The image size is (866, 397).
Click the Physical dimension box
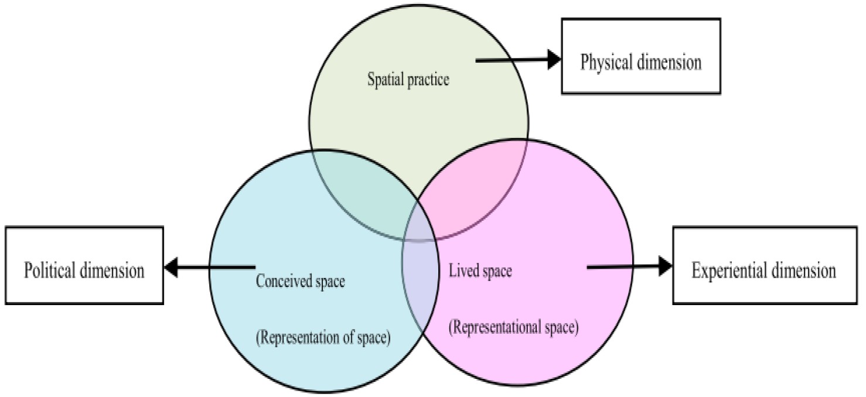tap(640, 56)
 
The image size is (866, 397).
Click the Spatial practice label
tap(408, 80)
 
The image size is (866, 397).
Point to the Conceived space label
tap(301, 282)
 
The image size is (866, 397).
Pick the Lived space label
tap(480, 271)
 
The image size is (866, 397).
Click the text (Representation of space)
tap(323, 338)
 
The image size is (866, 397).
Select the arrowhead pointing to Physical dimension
tap(554, 60)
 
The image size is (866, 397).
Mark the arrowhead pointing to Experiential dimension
tap(665, 266)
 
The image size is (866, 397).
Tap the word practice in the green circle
tap(430, 80)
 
